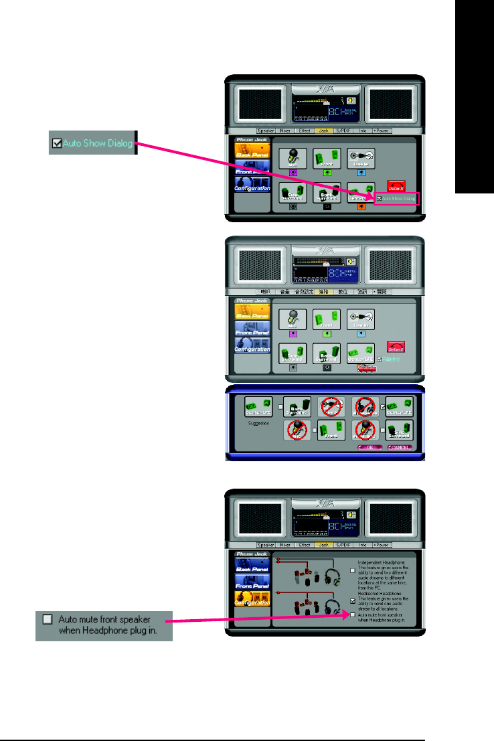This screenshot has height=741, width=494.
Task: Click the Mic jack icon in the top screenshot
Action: pyautogui.click(x=293, y=159)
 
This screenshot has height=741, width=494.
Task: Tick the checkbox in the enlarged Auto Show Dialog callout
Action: pyautogui.click(x=57, y=143)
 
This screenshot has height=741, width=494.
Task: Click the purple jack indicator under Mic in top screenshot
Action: pyautogui.click(x=293, y=172)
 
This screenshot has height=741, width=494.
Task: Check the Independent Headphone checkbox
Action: pyautogui.click(x=353, y=571)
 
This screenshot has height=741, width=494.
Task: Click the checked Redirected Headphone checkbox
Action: pyautogui.click(x=353, y=600)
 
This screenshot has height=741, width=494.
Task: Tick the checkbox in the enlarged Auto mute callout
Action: pyautogui.click(x=47, y=619)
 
